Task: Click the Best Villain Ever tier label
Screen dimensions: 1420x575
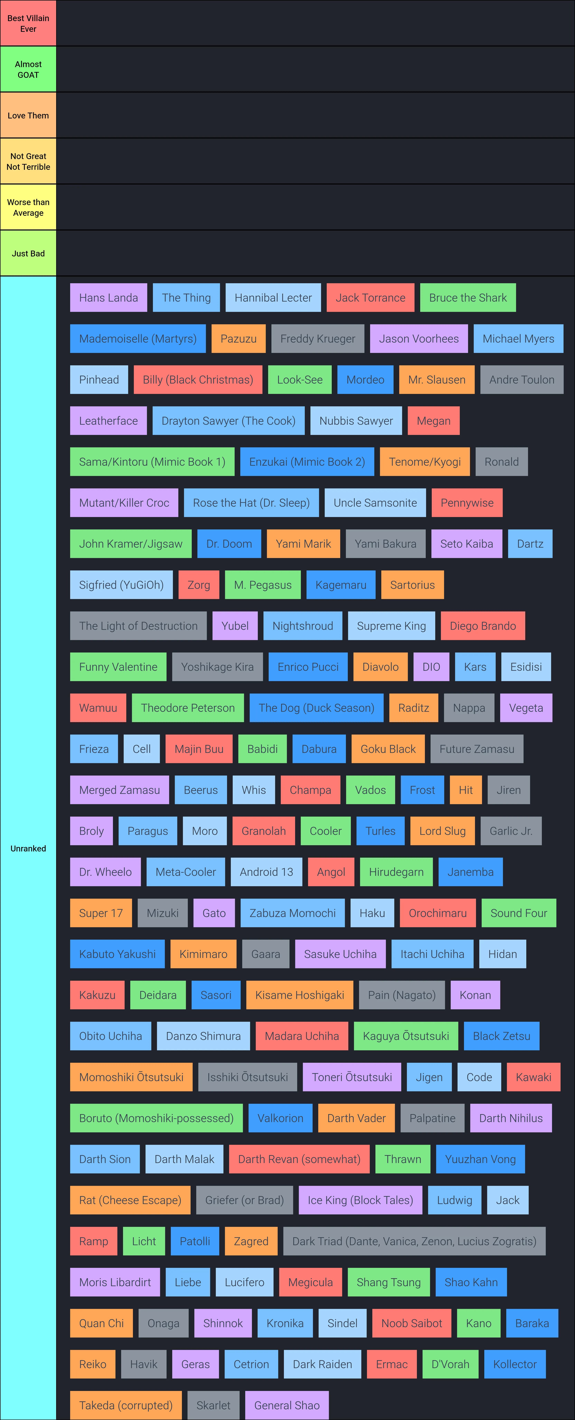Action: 28,23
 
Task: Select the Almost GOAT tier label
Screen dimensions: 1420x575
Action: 28,70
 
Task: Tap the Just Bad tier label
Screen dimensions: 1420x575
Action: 28,253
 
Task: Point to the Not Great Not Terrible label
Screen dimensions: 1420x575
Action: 28,162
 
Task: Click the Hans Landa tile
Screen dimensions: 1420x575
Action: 109,298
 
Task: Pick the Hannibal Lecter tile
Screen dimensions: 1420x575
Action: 273,298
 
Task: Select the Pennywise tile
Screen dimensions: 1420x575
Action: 467,503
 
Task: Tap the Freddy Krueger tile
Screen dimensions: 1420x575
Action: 318,338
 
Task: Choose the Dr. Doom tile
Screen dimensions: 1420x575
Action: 229,543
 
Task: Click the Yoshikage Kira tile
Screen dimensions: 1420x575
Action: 218,667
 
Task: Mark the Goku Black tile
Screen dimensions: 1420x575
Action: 388,749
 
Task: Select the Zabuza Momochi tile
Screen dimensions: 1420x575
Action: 293,913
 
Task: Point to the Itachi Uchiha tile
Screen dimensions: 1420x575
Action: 432,954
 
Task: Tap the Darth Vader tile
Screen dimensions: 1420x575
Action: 356,1118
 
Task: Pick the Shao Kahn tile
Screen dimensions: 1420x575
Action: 471,1282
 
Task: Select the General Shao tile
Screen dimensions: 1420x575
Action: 287,1405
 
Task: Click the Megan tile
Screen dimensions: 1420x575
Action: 433,421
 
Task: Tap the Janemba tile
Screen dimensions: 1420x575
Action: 470,872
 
